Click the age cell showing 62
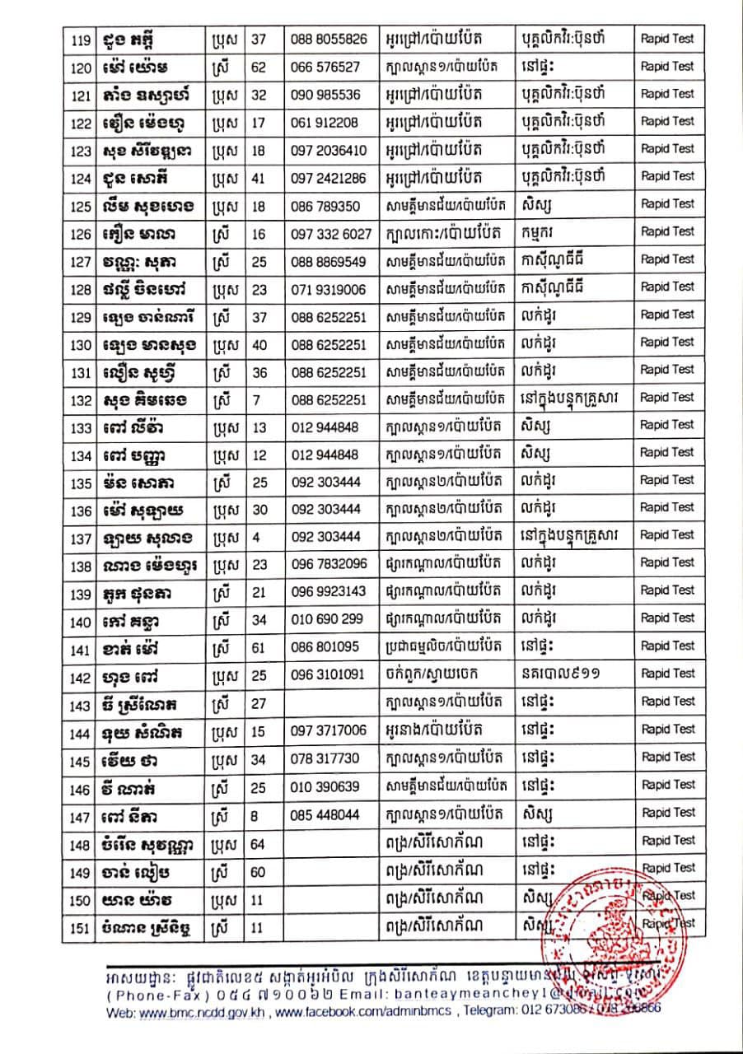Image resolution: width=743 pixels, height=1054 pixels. click(259, 67)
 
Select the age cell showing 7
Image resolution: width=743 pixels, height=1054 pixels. click(259, 399)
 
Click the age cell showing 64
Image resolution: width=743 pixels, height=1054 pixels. click(259, 841)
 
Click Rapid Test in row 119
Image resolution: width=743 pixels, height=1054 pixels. click(667, 39)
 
